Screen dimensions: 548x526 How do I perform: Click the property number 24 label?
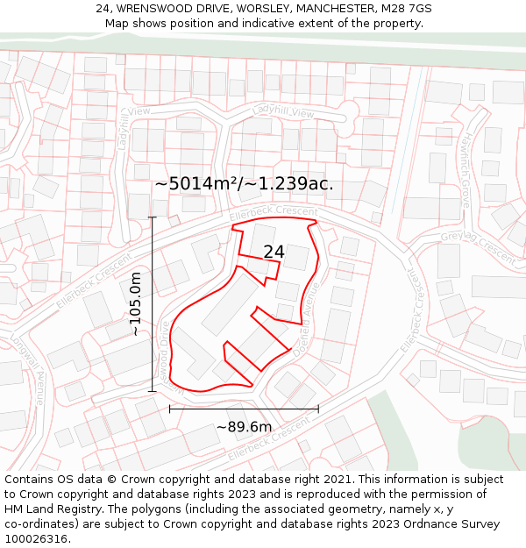coord(274,252)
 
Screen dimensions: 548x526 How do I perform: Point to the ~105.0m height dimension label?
coord(136,303)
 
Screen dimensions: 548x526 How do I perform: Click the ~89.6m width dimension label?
coord(244,427)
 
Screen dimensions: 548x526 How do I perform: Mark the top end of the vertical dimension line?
coord(153,217)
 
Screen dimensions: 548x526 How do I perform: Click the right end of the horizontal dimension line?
coord(318,409)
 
